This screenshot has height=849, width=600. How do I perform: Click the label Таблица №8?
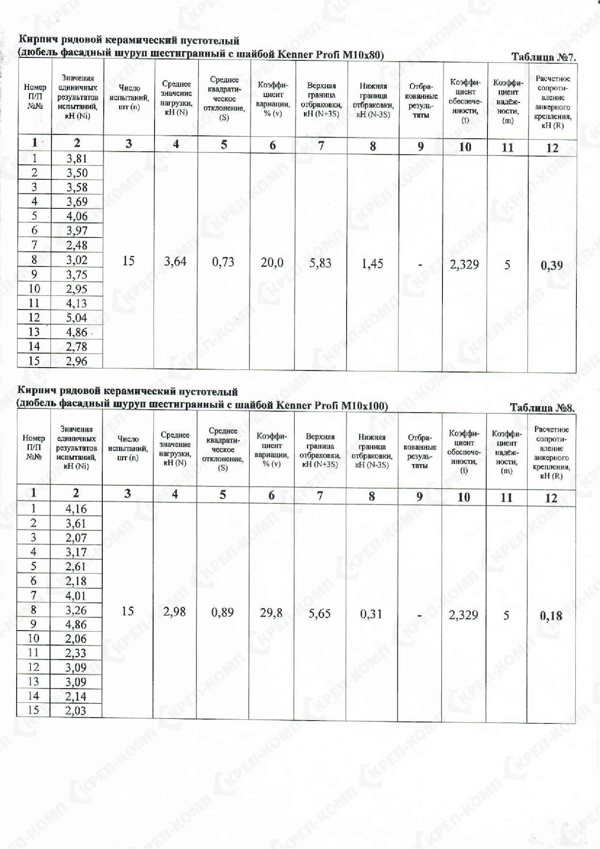(542, 408)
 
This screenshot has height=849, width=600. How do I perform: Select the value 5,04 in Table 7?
(77, 318)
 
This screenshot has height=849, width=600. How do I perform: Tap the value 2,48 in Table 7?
(77, 245)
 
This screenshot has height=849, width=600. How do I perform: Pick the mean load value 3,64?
(175, 262)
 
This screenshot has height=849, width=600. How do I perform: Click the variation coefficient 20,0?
(272, 262)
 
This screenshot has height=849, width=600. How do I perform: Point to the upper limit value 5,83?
(320, 263)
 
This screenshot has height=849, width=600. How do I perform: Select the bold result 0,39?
(552, 265)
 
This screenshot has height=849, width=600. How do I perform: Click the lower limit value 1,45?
(372, 264)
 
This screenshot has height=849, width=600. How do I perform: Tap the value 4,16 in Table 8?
(76, 509)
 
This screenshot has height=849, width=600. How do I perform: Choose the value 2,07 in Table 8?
(76, 538)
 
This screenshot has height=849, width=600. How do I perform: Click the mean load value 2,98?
(175, 612)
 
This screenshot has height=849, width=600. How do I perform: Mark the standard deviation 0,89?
(223, 612)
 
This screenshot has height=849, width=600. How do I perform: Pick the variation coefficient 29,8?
(271, 613)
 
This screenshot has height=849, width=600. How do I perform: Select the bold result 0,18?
(551, 616)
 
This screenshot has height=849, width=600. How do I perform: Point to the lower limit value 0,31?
(371, 614)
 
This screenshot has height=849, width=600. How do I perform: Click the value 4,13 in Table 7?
(77, 303)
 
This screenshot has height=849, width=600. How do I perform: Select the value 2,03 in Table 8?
(75, 710)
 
